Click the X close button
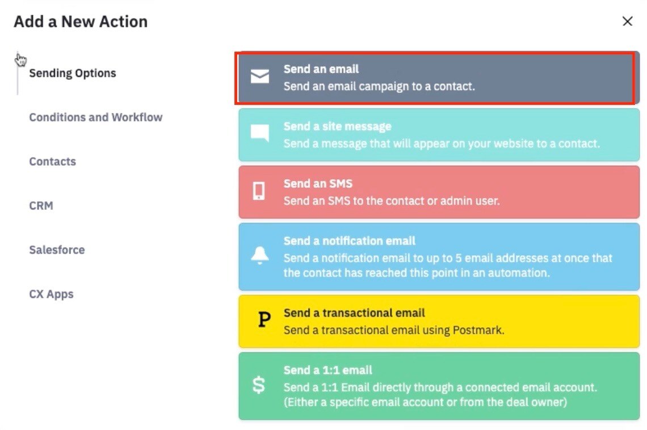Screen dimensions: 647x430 (627, 22)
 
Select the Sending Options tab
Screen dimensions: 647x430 (73, 73)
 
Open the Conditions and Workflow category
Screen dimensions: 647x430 (96, 117)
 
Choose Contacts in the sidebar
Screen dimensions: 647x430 (52, 162)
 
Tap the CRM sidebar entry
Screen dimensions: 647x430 (41, 206)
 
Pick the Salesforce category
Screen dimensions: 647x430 (57, 250)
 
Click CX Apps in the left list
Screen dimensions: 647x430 (51, 294)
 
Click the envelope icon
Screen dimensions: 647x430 (260, 76)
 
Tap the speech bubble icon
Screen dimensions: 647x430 (260, 133)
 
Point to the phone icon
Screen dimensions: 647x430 (259, 191)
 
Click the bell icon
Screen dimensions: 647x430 (260, 255)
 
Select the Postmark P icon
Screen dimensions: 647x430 (264, 319)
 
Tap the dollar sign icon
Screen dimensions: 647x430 (259, 385)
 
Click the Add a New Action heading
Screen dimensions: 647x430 (81, 22)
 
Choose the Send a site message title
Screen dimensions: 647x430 (337, 126)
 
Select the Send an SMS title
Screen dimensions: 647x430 (318, 183)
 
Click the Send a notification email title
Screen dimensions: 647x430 (349, 241)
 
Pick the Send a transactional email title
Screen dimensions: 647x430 (354, 313)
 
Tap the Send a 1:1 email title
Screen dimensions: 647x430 (327, 370)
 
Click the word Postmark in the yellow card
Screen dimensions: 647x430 (478, 330)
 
